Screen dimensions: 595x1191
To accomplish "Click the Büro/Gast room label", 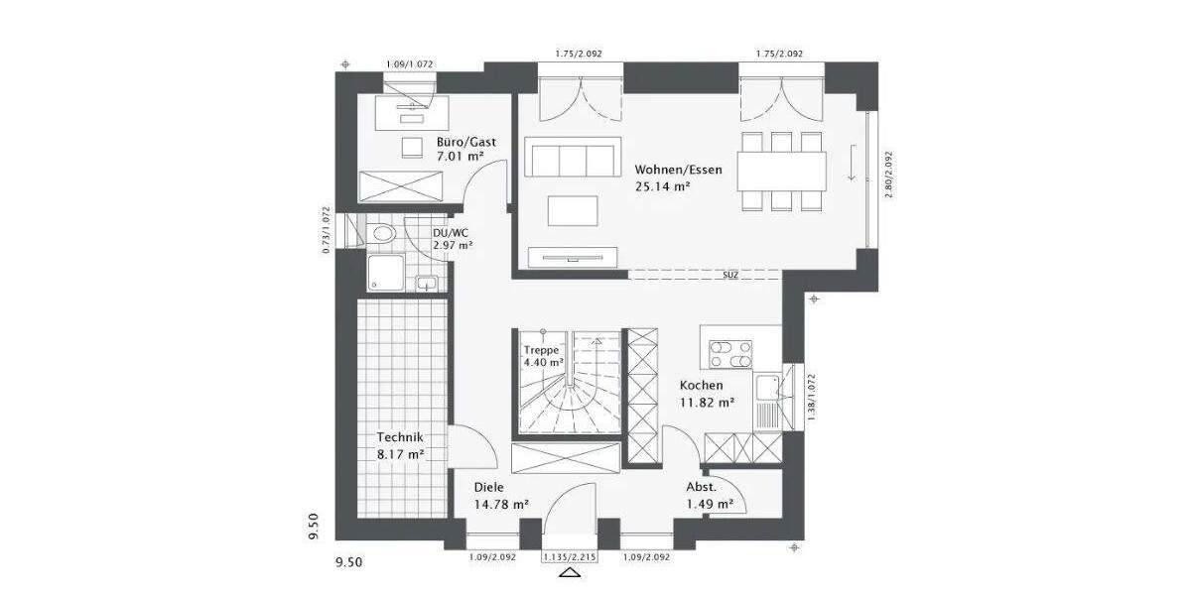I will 465,142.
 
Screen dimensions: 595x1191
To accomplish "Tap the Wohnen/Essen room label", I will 679,170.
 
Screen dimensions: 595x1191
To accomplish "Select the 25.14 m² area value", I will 663,185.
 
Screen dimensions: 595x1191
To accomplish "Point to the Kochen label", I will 701,385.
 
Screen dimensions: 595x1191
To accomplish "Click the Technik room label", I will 400,437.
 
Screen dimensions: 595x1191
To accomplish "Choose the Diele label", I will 489,487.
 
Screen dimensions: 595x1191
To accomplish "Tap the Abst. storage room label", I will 701,487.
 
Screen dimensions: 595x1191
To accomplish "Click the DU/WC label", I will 450,233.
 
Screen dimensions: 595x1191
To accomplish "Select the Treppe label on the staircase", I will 542,350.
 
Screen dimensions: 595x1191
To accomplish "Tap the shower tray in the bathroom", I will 388,271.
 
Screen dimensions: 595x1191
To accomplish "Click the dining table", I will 782,169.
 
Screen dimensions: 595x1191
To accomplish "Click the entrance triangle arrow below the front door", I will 570,572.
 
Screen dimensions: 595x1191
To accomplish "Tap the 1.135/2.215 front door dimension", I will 570,558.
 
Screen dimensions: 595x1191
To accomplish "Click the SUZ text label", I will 729,274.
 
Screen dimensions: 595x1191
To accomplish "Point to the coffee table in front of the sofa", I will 573,211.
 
